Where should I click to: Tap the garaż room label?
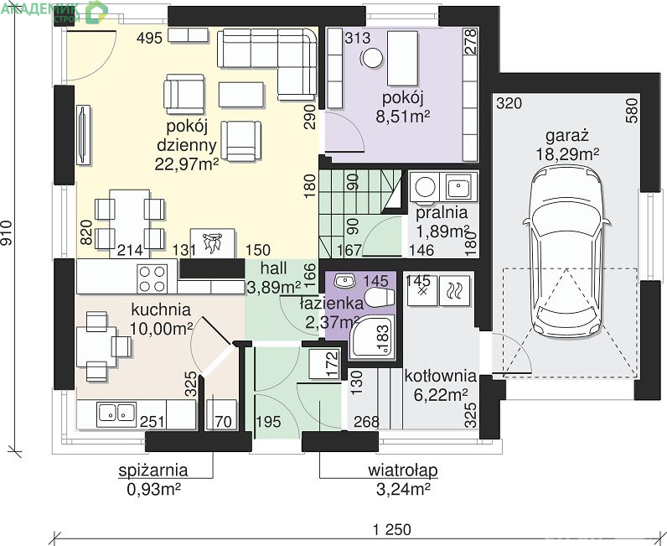pyautogui.click(x=567, y=135)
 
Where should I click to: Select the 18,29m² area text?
pyautogui.click(x=567, y=154)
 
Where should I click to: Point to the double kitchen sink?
pyautogui.click(x=116, y=413)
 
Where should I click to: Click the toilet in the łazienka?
pyautogui.click(x=380, y=297)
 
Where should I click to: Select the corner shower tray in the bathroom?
pyautogui.click(x=372, y=337)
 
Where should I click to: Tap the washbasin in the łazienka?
pyautogui.click(x=345, y=280)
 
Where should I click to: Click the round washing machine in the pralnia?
pyautogui.click(x=425, y=186)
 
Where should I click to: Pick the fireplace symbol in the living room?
pyautogui.click(x=213, y=243)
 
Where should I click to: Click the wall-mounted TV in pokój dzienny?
pyautogui.click(x=83, y=135)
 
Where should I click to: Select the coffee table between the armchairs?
pyautogui.click(x=241, y=94)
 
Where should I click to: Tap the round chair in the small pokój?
pyautogui.click(x=372, y=58)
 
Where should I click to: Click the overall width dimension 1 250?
pyautogui.click(x=392, y=530)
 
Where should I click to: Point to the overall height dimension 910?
pyautogui.click(x=6, y=233)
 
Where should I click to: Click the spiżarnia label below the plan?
pyautogui.click(x=153, y=471)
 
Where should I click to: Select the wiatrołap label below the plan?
pyautogui.click(x=402, y=471)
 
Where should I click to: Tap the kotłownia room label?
pyautogui.click(x=440, y=376)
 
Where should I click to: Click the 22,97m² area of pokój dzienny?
pyautogui.click(x=186, y=164)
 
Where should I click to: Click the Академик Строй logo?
pyautogui.click(x=54, y=11)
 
